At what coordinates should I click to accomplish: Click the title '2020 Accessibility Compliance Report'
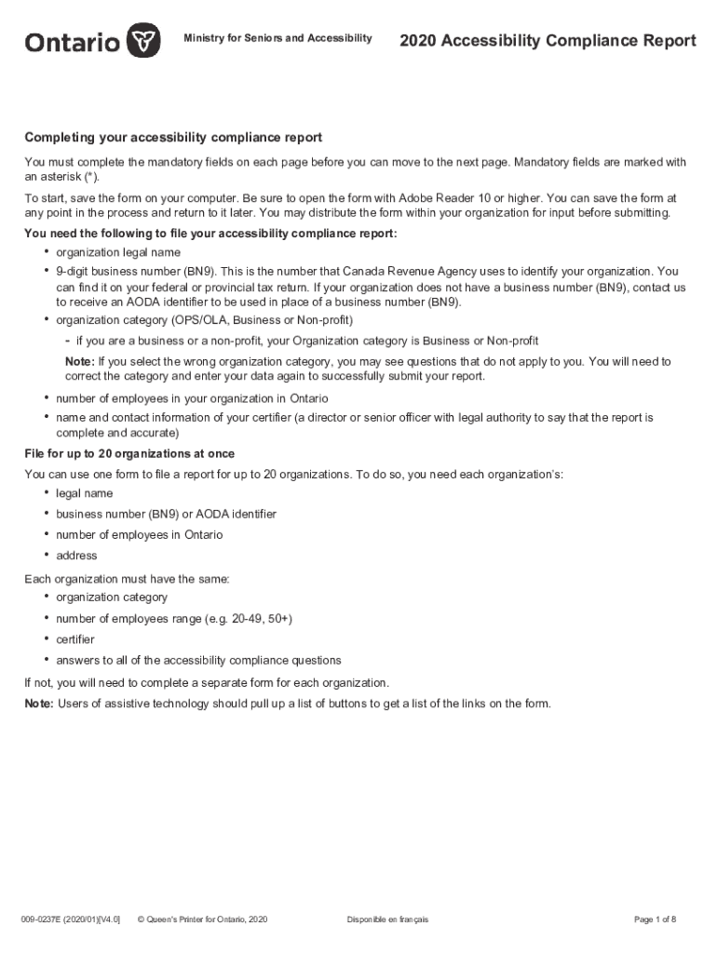[x=548, y=40]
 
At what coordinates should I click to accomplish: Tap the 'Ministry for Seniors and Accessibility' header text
[x=278, y=38]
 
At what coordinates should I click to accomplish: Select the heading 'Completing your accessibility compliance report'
[x=173, y=138]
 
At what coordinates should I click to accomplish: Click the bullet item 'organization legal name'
[x=118, y=252]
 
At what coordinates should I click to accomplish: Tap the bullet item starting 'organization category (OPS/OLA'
[x=204, y=320]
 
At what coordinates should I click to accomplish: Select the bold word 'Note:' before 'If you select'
[x=79, y=361]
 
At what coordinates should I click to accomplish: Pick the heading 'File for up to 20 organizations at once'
[x=129, y=453]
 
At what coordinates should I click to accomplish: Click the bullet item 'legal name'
[x=85, y=493]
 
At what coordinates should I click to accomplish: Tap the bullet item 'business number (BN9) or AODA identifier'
[x=166, y=514]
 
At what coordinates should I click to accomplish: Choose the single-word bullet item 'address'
[x=76, y=556]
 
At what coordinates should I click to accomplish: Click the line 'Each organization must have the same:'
[x=127, y=579]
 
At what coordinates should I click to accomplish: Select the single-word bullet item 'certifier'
[x=75, y=639]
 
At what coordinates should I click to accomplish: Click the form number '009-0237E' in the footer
[x=45, y=919]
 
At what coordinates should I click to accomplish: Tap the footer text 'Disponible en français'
[x=387, y=919]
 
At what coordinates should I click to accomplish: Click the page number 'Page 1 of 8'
[x=655, y=919]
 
